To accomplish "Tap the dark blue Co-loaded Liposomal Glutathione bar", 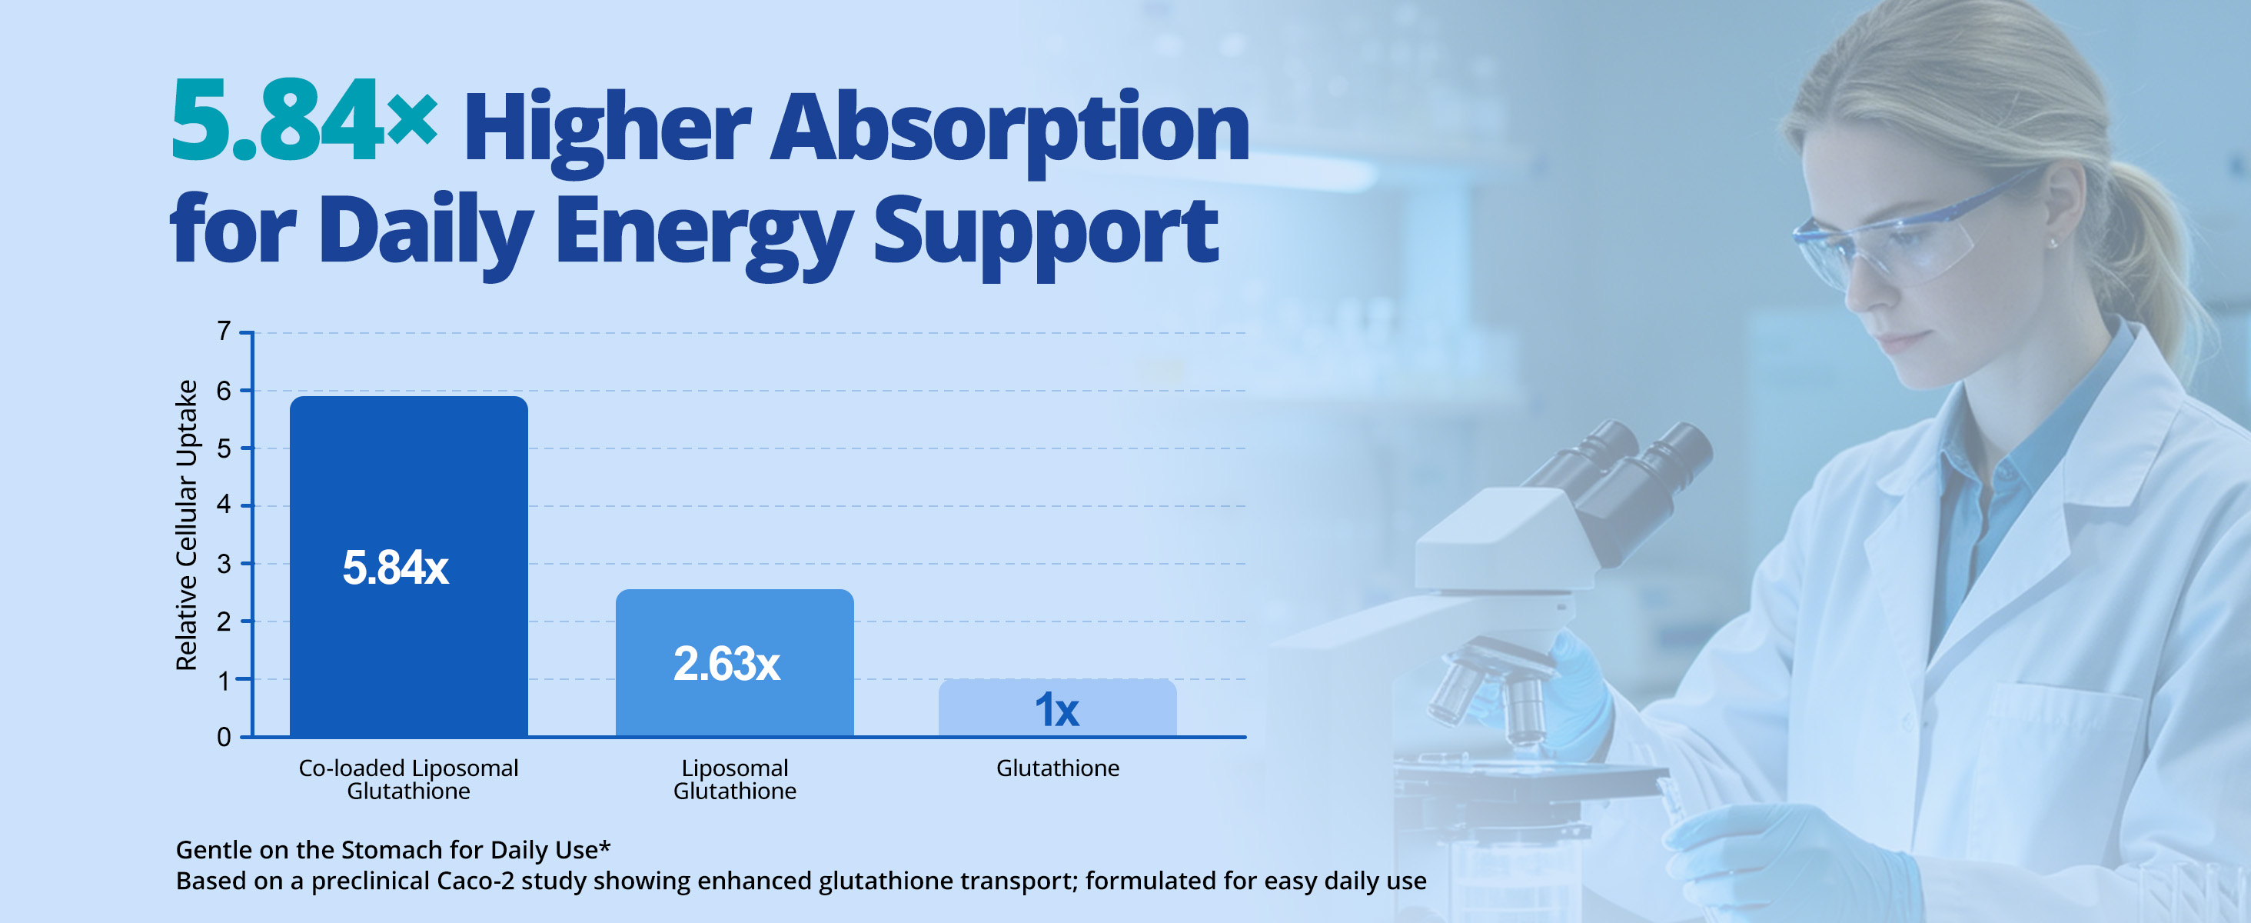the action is point(409,566).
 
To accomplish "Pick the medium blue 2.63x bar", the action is point(735,662).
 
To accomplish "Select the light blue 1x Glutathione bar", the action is point(1057,708).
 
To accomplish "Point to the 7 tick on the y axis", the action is point(224,332).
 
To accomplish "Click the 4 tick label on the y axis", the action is point(224,505).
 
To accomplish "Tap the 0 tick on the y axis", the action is point(224,737).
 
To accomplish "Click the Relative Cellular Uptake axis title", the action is point(186,525).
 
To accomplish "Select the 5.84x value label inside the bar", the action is point(396,568).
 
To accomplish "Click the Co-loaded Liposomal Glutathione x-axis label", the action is point(408,778).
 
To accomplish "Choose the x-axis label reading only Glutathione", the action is point(1057,768).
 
